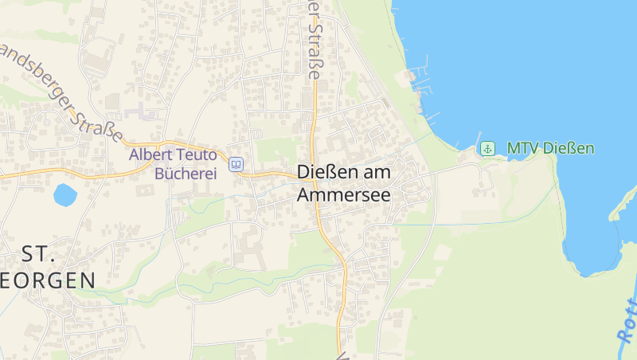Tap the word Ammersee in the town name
(343, 194)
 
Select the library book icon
(236, 165)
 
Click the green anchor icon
(487, 148)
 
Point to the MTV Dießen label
(550, 148)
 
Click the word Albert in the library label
(150, 155)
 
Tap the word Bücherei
(185, 174)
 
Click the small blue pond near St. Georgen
(64, 194)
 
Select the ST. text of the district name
(37, 255)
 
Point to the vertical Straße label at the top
(315, 40)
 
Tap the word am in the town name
(377, 173)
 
